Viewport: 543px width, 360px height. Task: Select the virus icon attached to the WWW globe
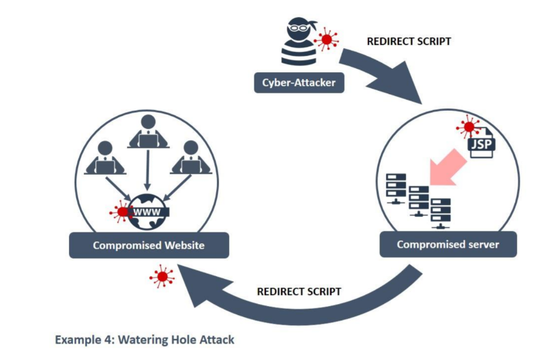point(121,211)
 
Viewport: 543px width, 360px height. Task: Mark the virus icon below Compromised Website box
point(162,276)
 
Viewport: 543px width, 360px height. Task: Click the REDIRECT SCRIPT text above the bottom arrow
point(299,291)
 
